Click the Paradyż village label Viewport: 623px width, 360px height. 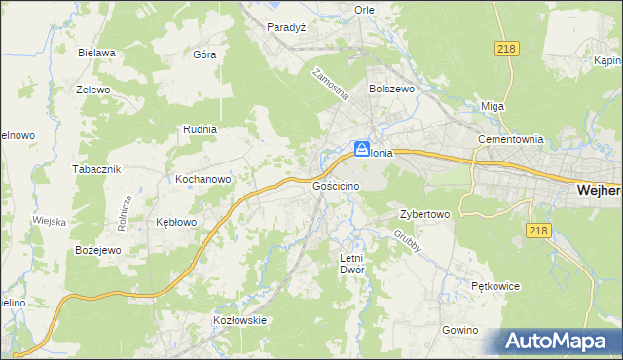pos(287,27)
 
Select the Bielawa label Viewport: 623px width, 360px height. pos(99,53)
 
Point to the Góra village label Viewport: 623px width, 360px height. pos(204,54)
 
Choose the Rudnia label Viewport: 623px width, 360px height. pos(200,128)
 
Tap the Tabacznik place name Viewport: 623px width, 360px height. pos(95,168)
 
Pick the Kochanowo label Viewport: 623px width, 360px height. pos(202,180)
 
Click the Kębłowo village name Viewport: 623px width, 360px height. pos(176,222)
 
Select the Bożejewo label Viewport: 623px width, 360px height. pos(97,250)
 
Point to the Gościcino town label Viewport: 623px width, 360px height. pos(337,185)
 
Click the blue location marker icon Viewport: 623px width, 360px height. pos(361,149)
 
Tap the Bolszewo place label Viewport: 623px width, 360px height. pos(392,88)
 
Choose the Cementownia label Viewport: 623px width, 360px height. pos(509,139)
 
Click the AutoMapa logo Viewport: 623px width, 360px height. pos(558,342)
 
